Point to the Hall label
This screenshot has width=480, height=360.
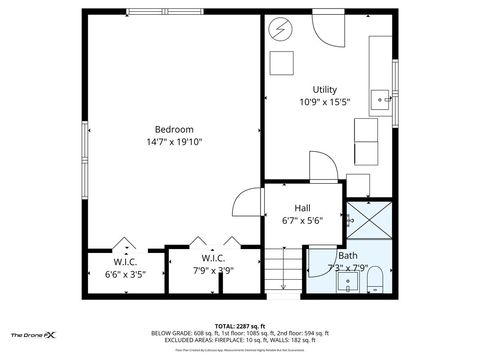pos(302,208)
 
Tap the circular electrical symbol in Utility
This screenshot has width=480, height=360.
pos(280,29)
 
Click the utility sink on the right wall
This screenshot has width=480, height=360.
pos(380,98)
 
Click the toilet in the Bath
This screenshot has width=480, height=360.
pos(375,276)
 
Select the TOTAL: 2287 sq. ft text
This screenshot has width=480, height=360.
pos(240,326)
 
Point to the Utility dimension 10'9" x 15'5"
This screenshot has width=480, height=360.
pos(325,102)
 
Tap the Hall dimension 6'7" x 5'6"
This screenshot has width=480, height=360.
pos(302,221)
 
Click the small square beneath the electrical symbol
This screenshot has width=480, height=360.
pos(281,62)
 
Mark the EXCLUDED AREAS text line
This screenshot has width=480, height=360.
pos(240,342)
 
